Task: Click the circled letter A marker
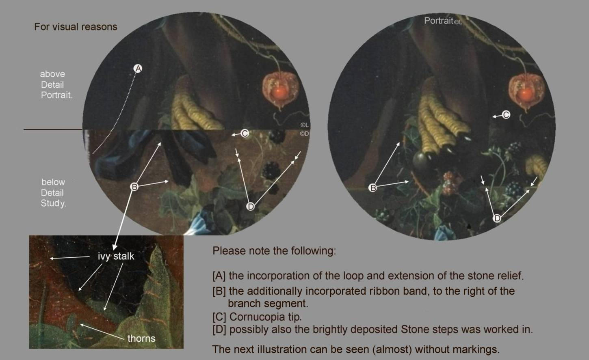pyautogui.click(x=138, y=69)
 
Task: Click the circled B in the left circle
pyautogui.click(x=134, y=187)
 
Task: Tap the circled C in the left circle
pyautogui.click(x=245, y=134)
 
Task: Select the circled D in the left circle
pyautogui.click(x=251, y=207)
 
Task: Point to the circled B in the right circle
pyautogui.click(x=372, y=188)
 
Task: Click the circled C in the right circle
pyautogui.click(x=506, y=115)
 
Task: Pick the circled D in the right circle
pyautogui.click(x=497, y=218)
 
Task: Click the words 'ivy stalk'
pyautogui.click(x=116, y=256)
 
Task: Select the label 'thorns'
pyautogui.click(x=141, y=338)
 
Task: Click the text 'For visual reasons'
pyautogui.click(x=76, y=27)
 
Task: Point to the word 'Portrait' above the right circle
pyautogui.click(x=439, y=21)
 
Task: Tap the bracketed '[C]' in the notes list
pyautogui.click(x=219, y=317)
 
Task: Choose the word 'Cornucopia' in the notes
pyautogui.click(x=257, y=317)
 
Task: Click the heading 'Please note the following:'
pyautogui.click(x=274, y=251)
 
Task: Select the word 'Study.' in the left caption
pyautogui.click(x=53, y=203)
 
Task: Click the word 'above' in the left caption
pyautogui.click(x=52, y=74)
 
